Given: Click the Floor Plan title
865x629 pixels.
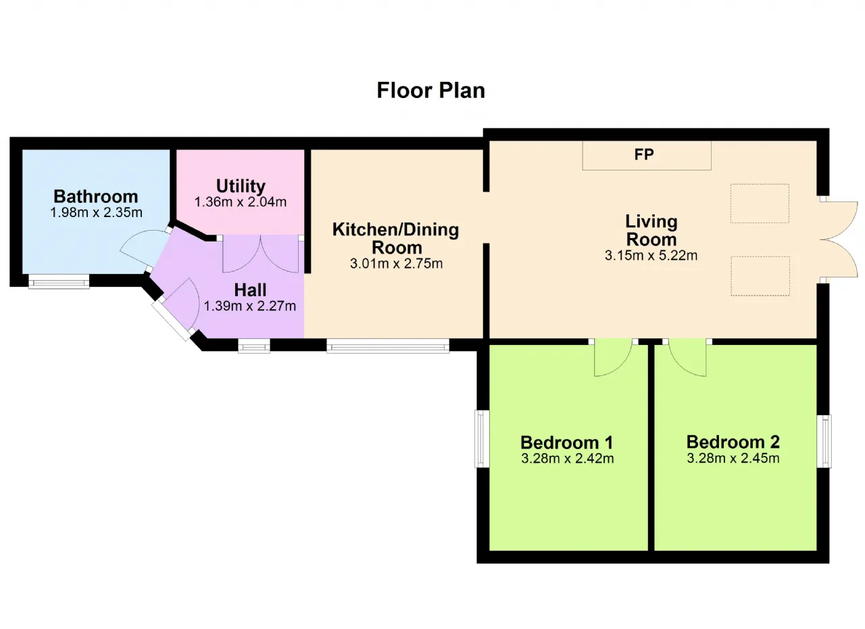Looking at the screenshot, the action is tap(430, 91).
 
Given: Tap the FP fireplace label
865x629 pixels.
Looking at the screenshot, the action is tap(644, 155).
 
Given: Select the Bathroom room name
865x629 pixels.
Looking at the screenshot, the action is tap(96, 196).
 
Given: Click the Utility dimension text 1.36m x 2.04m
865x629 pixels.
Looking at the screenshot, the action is tap(240, 202).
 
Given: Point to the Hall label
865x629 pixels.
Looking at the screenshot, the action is tap(250, 289).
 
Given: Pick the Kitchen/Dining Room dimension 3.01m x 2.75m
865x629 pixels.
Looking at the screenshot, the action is tap(396, 264).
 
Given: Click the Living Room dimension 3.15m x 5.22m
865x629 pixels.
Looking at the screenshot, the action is tap(651, 256).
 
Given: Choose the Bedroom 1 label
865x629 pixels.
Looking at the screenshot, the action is tap(567, 442).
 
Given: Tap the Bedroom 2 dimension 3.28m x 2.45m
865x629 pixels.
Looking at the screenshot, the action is tap(733, 459).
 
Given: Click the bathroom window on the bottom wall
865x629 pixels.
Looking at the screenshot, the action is tap(59, 281).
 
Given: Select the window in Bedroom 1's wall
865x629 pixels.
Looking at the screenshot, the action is tap(482, 438).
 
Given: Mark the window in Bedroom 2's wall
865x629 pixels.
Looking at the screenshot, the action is tap(824, 441).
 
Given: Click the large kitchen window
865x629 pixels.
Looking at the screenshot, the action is tap(388, 346).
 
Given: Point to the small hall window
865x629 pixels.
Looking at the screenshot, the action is tap(253, 346).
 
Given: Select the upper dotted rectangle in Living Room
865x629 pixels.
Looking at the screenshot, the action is tap(760, 203).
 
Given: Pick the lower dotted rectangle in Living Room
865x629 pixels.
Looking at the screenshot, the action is tap(760, 276).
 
